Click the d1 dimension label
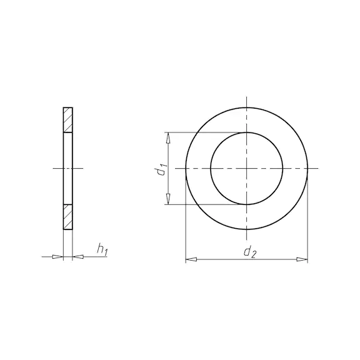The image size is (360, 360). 161,169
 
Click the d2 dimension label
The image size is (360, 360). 249,252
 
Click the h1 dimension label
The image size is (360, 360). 102,250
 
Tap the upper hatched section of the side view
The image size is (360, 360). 68,120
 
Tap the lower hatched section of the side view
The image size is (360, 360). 68,217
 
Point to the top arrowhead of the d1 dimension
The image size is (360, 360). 168,138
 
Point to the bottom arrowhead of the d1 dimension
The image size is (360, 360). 168,199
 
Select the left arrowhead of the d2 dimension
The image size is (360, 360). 191,259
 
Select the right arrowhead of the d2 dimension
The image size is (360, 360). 302,259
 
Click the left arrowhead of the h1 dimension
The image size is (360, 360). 57,257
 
